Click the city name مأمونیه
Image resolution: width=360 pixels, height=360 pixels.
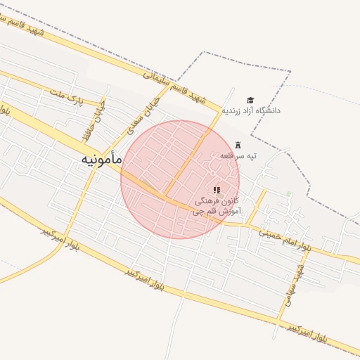(x=101, y=160)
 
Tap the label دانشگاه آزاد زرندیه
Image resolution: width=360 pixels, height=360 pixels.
(x=252, y=110)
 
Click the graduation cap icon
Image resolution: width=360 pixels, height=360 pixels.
(x=250, y=100)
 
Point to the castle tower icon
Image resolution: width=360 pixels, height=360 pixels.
(x=237, y=144)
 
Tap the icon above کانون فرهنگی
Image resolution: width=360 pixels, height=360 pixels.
(x=217, y=189)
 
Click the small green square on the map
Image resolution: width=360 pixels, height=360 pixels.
(x=289, y=194)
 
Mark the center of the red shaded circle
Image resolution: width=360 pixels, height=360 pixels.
(x=180, y=179)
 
